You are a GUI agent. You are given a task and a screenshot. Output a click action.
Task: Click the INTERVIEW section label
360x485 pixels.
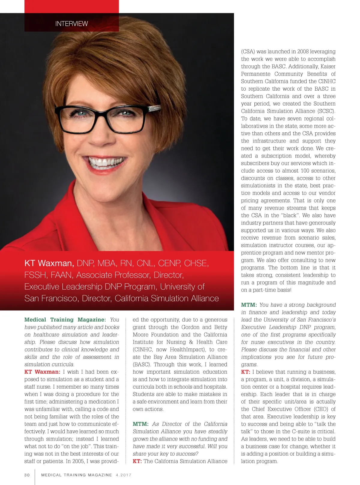click(71, 24)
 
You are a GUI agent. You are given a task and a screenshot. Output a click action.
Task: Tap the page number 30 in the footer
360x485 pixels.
click(27, 475)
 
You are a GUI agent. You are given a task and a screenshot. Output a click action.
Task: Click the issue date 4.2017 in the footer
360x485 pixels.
click(124, 475)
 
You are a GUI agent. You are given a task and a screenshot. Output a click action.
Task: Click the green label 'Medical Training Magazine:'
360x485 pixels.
click(65, 320)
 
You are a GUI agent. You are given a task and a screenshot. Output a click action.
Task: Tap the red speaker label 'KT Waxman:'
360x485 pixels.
click(42, 372)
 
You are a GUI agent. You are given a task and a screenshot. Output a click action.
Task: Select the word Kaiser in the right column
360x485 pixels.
click(328, 66)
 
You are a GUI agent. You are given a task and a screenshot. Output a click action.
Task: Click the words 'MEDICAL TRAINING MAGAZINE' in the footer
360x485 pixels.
click(76, 475)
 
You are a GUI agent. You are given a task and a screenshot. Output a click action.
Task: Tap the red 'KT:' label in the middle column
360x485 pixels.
click(137, 461)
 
